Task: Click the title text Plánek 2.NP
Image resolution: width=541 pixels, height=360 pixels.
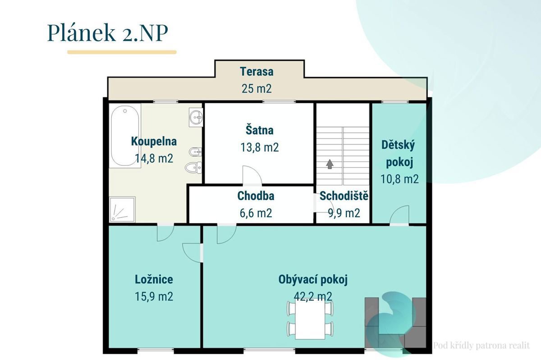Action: tap(107, 32)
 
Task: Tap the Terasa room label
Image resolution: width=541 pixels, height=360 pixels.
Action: tap(257, 72)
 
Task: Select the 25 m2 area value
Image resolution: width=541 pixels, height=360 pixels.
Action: tap(257, 89)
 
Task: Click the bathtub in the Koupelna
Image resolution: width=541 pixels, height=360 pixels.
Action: tap(125, 136)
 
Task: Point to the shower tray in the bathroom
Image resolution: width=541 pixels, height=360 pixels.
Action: tap(122, 210)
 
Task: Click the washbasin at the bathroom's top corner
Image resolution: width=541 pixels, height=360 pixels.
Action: tap(196, 117)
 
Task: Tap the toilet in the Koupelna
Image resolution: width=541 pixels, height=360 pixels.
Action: tap(193, 167)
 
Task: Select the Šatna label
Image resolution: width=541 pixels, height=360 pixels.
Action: tap(259, 130)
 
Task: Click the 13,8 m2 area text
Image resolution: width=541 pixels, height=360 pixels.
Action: tap(259, 147)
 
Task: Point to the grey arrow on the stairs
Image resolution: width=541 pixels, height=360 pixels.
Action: tap(330, 164)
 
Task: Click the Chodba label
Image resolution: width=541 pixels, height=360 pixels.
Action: tap(256, 196)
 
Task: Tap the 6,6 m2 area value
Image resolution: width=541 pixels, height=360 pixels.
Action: tap(256, 213)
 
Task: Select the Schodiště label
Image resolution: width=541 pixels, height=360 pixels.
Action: tap(344, 196)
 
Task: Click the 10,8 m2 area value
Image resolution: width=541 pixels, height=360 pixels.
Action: tap(399, 179)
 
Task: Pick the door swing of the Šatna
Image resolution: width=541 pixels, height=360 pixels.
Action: tap(252, 175)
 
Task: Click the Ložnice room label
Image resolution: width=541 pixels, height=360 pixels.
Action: tap(154, 279)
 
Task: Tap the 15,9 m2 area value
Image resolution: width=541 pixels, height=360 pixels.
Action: tap(154, 296)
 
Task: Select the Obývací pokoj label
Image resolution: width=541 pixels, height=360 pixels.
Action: tap(313, 280)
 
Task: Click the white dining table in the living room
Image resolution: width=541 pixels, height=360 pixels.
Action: tap(310, 320)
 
